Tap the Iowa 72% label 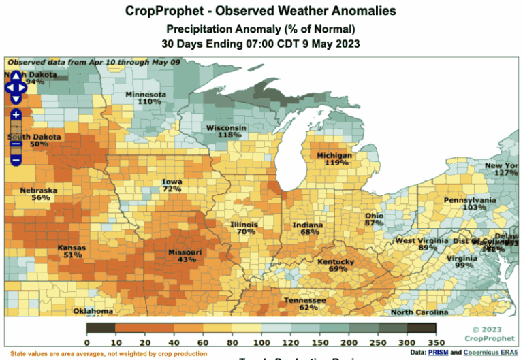coord(172,185)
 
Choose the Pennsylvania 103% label coord(469,203)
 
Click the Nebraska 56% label coord(39,194)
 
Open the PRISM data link coord(437,353)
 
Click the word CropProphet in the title coord(163,12)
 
